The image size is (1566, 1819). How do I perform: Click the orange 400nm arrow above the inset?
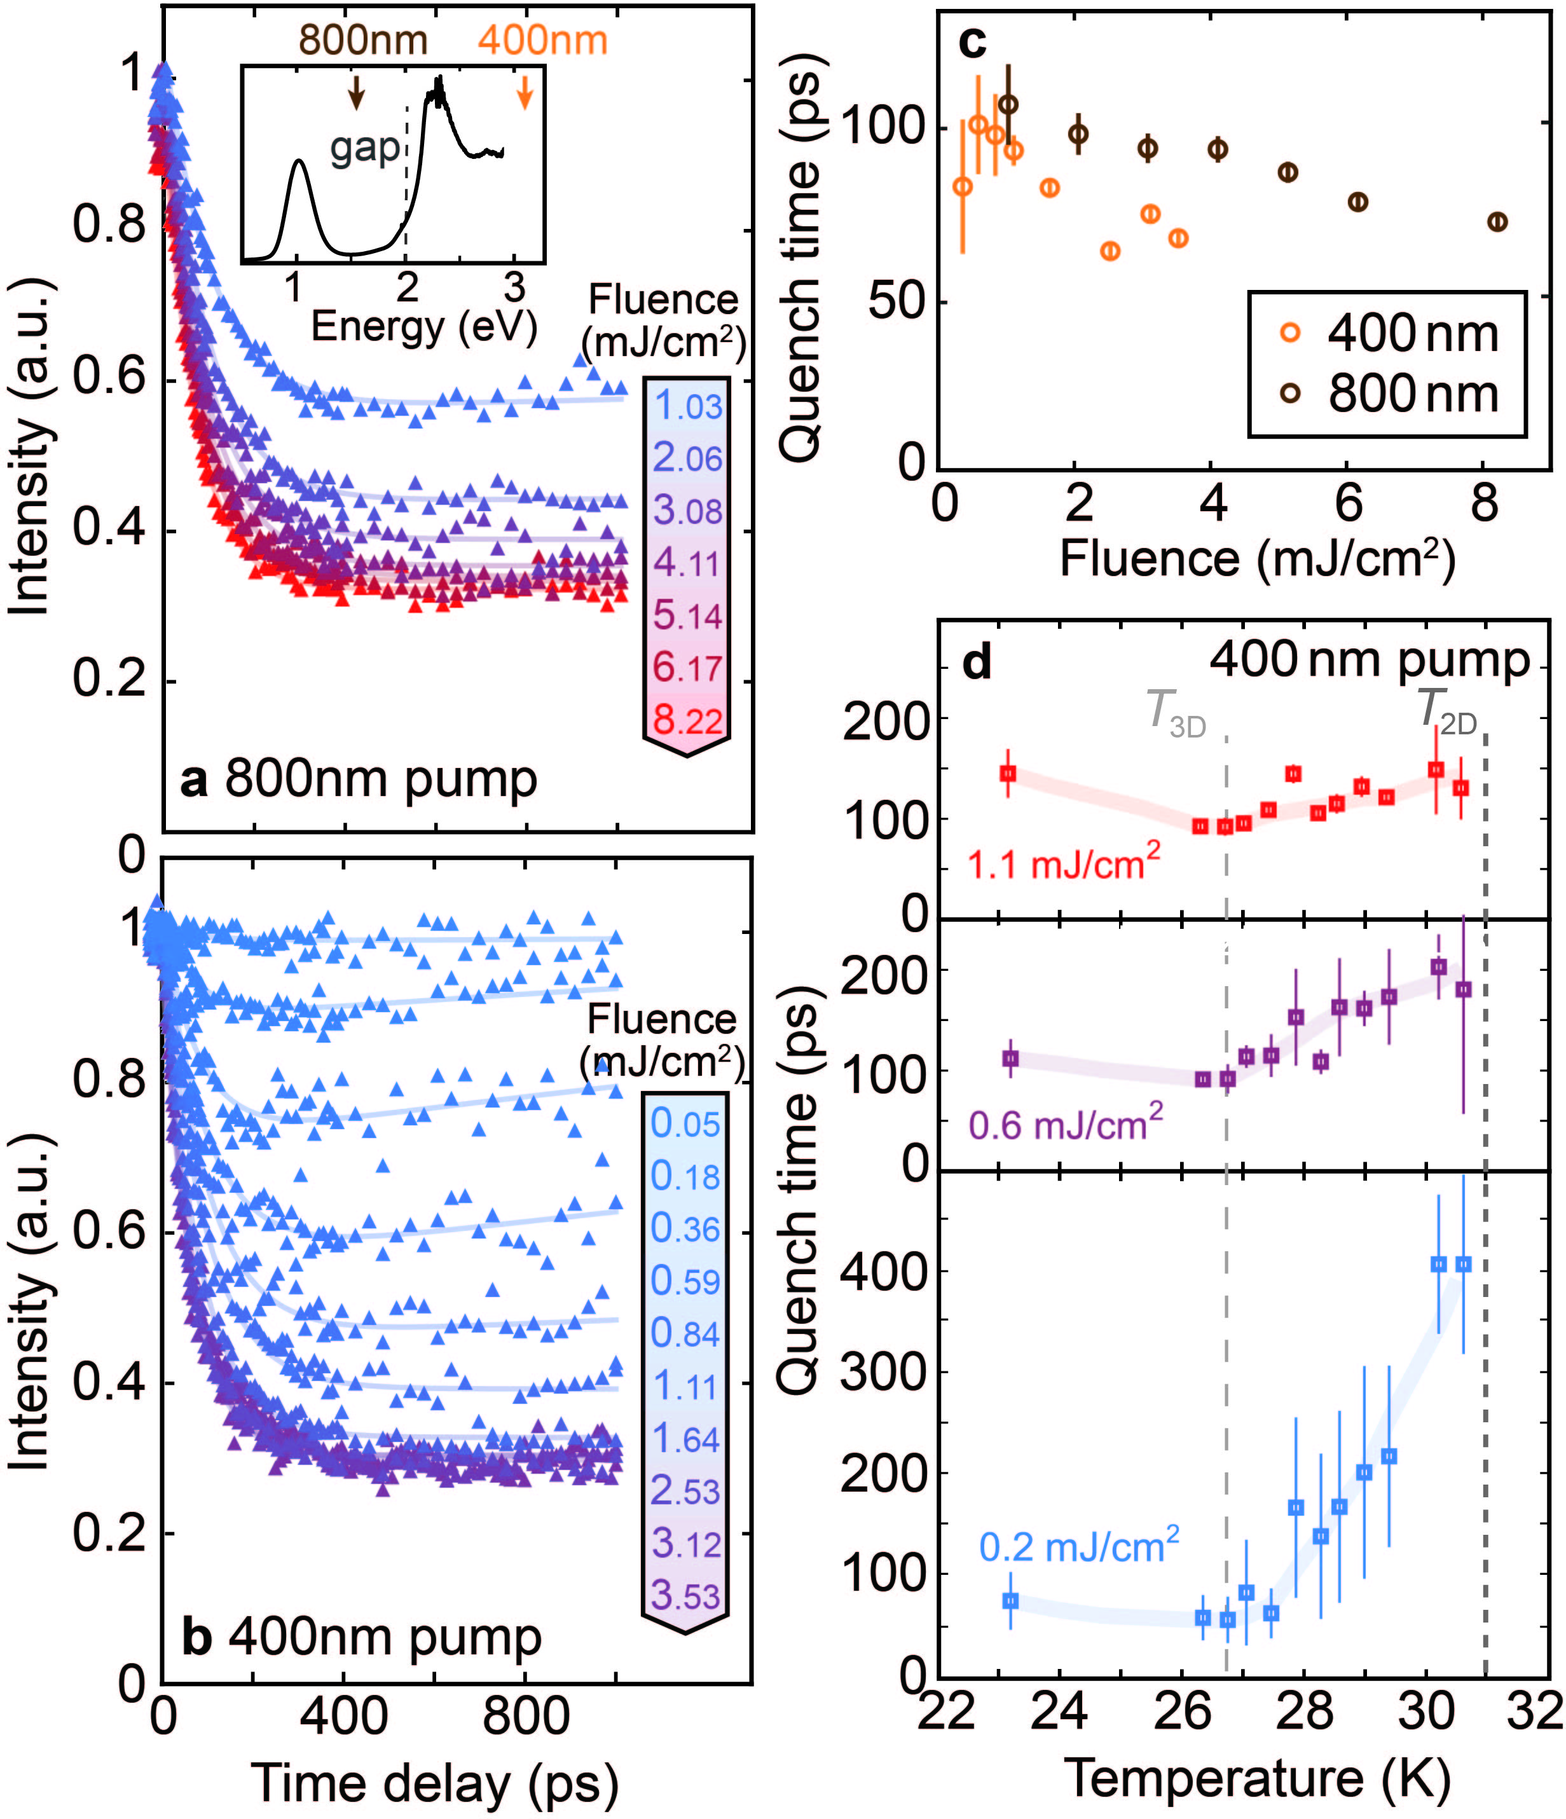(525, 92)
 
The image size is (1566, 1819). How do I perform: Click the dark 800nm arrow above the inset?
(355, 92)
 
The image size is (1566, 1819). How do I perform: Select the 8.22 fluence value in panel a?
(687, 721)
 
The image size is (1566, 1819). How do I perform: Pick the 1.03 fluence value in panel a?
(688, 406)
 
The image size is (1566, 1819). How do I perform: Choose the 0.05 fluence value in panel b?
(685, 1123)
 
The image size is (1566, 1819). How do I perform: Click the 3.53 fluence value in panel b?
(685, 1595)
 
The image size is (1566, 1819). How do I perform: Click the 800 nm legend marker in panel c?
(1289, 394)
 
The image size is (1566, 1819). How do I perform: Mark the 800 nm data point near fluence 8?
(1497, 222)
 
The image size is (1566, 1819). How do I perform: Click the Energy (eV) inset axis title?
(423, 327)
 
